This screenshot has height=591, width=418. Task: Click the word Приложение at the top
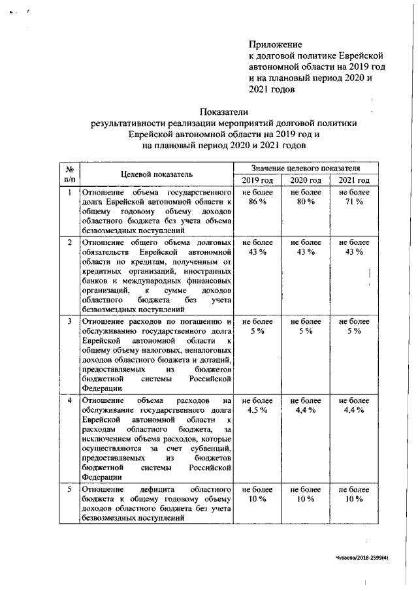(276, 44)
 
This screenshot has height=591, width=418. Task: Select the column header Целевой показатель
(156, 174)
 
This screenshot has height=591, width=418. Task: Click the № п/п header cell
(69, 174)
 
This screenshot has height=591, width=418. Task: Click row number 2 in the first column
(70, 242)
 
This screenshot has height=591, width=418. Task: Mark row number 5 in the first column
(70, 488)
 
